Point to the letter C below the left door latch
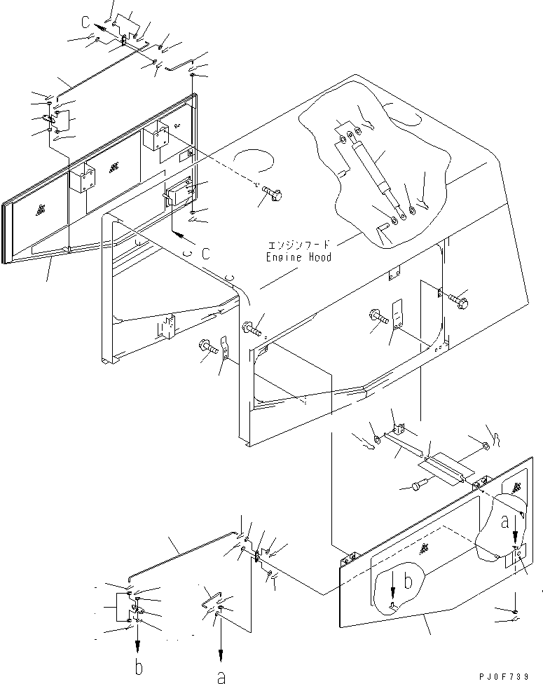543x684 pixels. coord(206,254)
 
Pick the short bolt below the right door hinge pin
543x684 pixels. coord(418,483)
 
